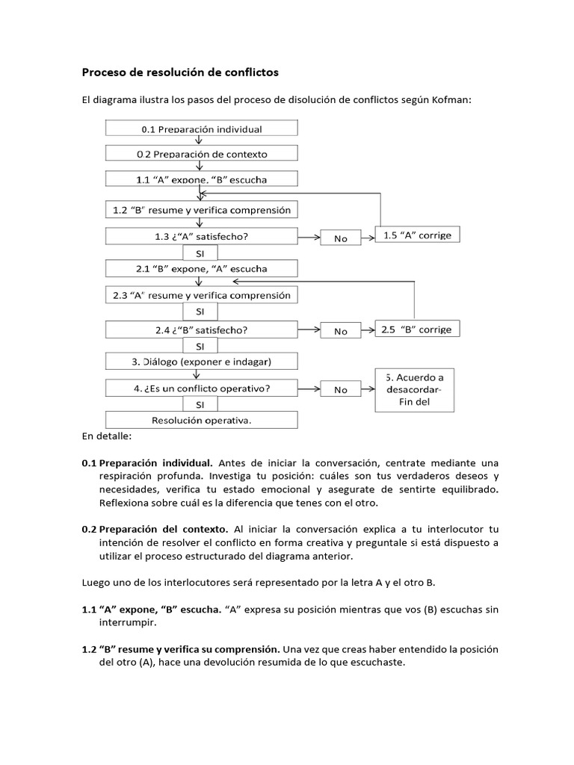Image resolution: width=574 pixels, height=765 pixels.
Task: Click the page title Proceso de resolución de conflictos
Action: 179,72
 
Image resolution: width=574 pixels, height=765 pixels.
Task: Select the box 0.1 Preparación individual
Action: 202,128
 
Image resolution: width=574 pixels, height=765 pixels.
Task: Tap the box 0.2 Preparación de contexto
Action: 202,154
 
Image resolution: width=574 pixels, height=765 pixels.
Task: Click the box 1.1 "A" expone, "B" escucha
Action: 202,180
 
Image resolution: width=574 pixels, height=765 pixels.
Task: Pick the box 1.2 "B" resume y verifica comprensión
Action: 202,210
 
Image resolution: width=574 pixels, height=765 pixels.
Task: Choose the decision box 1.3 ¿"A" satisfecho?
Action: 202,236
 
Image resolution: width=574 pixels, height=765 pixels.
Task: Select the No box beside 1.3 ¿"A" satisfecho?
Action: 341,238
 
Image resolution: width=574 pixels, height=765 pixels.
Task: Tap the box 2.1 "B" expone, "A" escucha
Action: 202,267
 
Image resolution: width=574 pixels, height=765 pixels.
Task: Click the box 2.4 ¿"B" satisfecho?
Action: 202,329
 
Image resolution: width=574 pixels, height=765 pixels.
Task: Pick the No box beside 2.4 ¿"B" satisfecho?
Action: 341,332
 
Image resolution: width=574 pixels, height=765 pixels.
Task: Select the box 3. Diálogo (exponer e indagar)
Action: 202,362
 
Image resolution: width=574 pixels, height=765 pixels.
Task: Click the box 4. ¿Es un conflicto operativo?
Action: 202,388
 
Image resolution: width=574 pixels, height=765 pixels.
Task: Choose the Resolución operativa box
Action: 202,421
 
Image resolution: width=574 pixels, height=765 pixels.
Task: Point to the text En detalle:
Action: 106,435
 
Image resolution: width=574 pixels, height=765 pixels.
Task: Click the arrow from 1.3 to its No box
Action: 309,238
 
